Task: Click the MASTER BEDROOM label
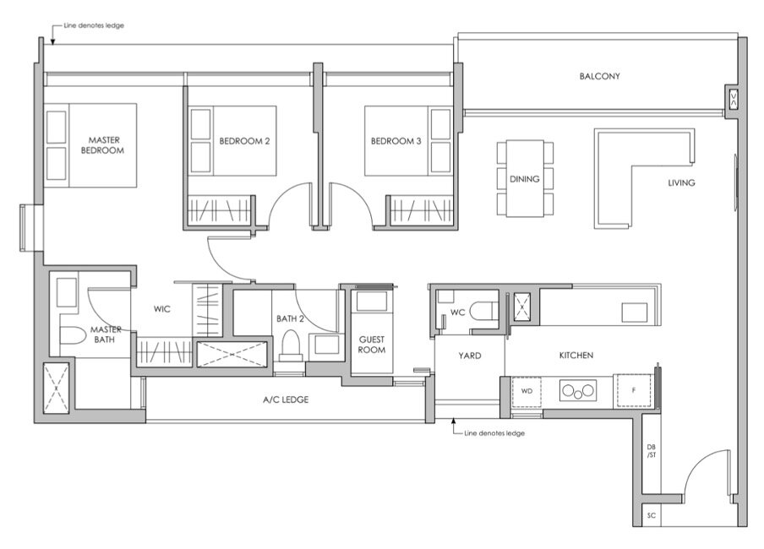point(102,145)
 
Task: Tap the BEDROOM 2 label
point(244,141)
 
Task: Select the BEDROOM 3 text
point(396,141)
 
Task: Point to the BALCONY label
point(599,76)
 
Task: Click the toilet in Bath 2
point(291,345)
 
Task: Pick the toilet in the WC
point(483,311)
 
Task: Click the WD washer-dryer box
point(527,391)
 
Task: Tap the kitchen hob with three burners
point(578,390)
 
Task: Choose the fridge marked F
point(633,390)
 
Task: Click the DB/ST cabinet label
point(652,451)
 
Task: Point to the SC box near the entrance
point(652,515)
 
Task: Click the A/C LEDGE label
point(286,400)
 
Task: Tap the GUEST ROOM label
point(372,345)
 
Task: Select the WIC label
point(161,309)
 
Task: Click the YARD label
point(470,356)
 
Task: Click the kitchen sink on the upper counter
point(635,313)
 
